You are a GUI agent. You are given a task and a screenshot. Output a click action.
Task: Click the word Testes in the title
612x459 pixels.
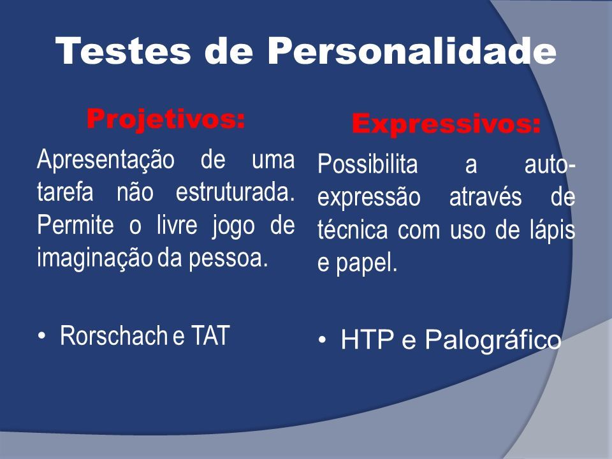(x=123, y=51)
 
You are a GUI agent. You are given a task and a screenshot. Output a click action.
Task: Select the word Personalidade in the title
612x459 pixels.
(x=411, y=51)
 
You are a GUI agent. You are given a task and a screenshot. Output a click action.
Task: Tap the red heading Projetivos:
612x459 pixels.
(x=166, y=119)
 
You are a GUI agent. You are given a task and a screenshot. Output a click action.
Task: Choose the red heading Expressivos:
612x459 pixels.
(x=446, y=124)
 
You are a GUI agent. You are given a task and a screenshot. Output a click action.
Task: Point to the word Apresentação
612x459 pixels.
(x=106, y=161)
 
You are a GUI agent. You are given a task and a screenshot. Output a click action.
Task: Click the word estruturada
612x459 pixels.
(x=235, y=192)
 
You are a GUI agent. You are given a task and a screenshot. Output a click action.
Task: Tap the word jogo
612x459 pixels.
(x=233, y=226)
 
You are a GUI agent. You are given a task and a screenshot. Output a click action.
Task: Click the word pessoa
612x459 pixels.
(x=229, y=259)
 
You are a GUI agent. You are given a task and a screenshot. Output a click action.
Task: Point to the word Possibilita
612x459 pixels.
(x=368, y=164)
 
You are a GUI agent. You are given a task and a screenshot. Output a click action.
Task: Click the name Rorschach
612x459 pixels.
(x=113, y=335)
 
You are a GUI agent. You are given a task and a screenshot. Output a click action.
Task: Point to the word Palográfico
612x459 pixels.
(x=493, y=340)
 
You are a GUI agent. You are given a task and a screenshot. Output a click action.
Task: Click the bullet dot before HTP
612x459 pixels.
(x=322, y=340)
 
